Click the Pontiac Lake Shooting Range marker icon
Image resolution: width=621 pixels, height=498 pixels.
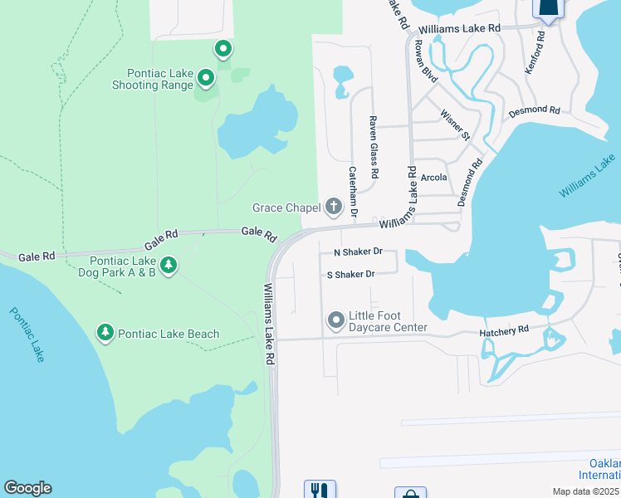(x=206, y=80)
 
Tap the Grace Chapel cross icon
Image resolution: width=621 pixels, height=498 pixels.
(x=334, y=207)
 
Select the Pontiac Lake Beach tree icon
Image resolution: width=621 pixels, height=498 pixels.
(x=105, y=334)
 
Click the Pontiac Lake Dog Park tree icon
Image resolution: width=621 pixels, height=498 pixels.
(x=169, y=266)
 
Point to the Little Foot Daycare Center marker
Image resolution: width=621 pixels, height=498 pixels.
(x=336, y=320)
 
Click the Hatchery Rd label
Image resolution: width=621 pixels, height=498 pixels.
(x=504, y=330)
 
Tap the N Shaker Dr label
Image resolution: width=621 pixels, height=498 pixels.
(x=358, y=251)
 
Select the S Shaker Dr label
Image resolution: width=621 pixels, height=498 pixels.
(x=351, y=274)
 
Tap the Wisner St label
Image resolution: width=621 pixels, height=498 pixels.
(x=456, y=124)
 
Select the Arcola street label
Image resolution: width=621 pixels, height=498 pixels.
(x=433, y=178)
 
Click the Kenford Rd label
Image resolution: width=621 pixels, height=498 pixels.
(x=535, y=53)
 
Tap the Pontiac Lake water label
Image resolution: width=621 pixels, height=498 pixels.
(x=27, y=334)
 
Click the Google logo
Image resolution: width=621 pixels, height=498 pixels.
(x=27, y=488)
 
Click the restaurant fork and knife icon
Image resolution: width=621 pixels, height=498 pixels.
(x=320, y=490)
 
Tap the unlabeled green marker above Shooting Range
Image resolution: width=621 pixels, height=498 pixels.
(x=223, y=50)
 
